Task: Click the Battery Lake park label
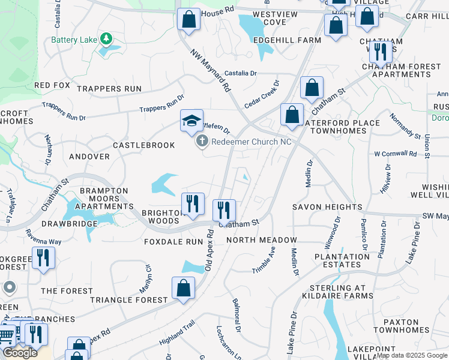tap(74, 40)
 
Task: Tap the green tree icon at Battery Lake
tap(106, 39)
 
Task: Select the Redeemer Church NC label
tap(252, 142)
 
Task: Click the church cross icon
tap(202, 142)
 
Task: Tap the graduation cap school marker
tap(192, 121)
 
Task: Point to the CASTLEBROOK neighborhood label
tap(143, 145)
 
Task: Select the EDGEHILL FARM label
tap(287, 40)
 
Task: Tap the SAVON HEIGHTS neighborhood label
tap(327, 207)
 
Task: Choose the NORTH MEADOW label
tap(262, 240)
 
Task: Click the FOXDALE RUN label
tap(173, 242)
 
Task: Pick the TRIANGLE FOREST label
tap(129, 299)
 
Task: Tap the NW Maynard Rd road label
tap(211, 71)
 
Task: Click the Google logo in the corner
tap(20, 353)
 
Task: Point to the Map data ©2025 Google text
tap(412, 355)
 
